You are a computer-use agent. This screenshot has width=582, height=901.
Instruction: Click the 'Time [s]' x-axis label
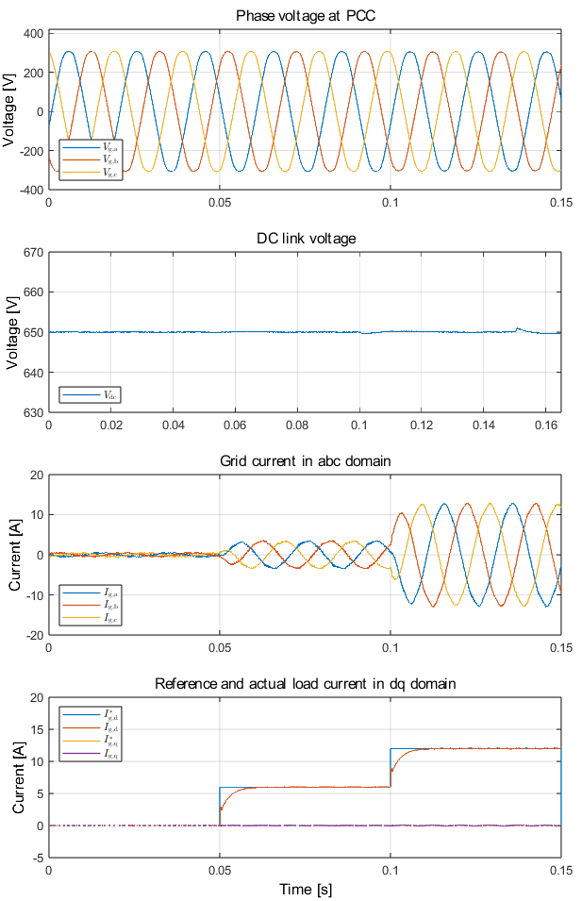click(306, 889)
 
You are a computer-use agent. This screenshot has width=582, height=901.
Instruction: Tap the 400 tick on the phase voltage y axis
click(32, 33)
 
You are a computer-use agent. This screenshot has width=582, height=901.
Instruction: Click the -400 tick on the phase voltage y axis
click(29, 190)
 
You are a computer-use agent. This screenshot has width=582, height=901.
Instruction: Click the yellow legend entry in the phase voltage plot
click(91, 172)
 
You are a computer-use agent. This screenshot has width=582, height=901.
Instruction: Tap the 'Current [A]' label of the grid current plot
click(15, 555)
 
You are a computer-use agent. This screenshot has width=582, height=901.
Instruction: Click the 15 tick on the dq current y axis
click(36, 729)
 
